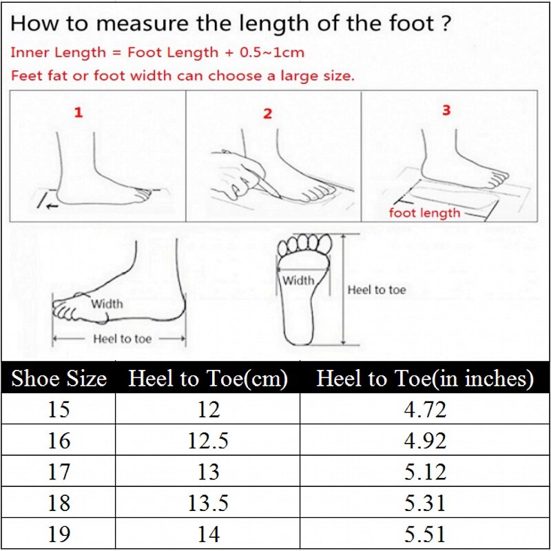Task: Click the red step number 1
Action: pyautogui.click(x=79, y=112)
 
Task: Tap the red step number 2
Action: pyautogui.click(x=267, y=114)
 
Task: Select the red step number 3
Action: pyautogui.click(x=446, y=110)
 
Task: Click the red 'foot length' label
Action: pyautogui.click(x=424, y=213)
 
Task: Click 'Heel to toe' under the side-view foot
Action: pyautogui.click(x=122, y=339)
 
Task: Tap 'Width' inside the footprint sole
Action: pyautogui.click(x=298, y=280)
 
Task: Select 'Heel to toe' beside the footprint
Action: pyautogui.click(x=377, y=290)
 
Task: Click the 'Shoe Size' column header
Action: pyautogui.click(x=59, y=379)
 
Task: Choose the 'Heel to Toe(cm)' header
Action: pyautogui.click(x=208, y=379)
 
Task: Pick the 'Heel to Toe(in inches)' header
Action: pyautogui.click(x=425, y=379)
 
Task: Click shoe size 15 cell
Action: pyautogui.click(x=59, y=410)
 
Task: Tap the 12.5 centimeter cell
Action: pyautogui.click(x=208, y=441)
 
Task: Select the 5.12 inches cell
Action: pyautogui.click(x=425, y=472)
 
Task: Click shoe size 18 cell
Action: pyautogui.click(x=59, y=503)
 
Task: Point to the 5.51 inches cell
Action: pyautogui.click(x=425, y=534)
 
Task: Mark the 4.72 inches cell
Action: pyautogui.click(x=425, y=410)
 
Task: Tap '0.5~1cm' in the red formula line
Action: pyautogui.click(x=274, y=52)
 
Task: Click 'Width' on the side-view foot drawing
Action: pyautogui.click(x=107, y=304)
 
